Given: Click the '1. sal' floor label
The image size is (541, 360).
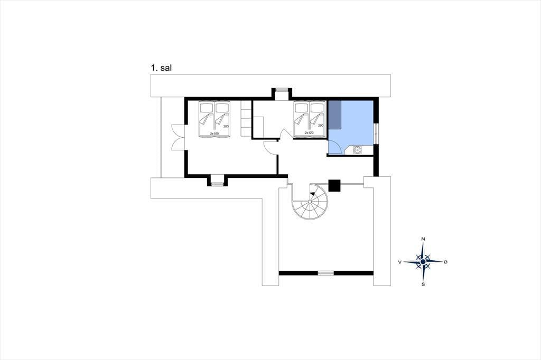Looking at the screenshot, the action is (161, 68).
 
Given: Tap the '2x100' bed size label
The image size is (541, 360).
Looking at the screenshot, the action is (214, 133).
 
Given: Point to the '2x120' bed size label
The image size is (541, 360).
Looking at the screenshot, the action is (309, 132).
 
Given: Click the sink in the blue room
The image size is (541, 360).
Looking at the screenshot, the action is (357, 150).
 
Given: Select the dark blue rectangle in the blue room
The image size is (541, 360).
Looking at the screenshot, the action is (334, 115).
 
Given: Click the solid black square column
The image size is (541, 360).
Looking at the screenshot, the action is (334, 185).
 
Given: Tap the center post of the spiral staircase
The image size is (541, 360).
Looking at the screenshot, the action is (310, 202).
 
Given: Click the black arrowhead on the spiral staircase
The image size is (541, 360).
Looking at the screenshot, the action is (313, 195).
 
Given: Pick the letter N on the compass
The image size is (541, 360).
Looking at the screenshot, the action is (423, 239).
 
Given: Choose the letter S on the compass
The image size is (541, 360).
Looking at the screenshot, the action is (423, 284).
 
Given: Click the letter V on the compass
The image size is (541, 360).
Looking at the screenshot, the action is (400, 262).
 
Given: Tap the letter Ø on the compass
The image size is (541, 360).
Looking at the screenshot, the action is (446, 262).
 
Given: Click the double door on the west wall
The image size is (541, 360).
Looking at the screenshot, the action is (178, 137).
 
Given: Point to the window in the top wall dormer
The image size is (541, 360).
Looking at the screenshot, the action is (282, 90).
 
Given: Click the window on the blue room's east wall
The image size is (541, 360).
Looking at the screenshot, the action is (376, 133).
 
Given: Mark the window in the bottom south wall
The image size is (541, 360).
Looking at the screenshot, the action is (325, 273).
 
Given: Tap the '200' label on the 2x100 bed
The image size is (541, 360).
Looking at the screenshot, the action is (226, 126).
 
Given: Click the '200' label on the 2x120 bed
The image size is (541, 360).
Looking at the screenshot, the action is (321, 126).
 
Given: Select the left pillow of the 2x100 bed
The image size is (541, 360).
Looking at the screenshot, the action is (207, 108).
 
